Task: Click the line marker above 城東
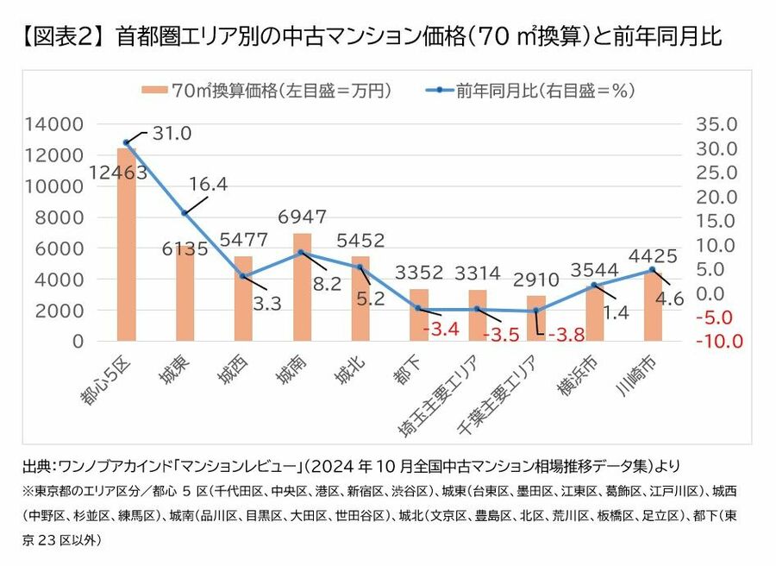click(x=185, y=212)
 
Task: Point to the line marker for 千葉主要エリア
click(x=536, y=311)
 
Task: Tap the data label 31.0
click(x=172, y=134)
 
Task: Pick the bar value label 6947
click(x=303, y=214)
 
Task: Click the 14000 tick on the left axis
click(x=53, y=124)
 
